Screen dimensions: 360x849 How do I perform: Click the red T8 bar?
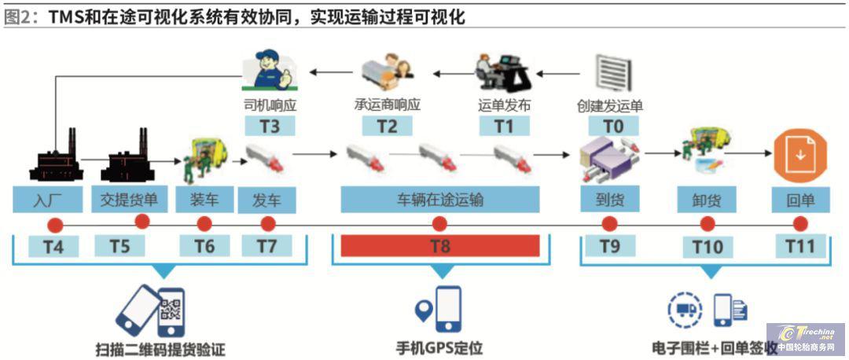[439, 246]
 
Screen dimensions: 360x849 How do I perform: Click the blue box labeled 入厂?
[47, 200]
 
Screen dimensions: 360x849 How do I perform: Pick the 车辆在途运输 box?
[439, 200]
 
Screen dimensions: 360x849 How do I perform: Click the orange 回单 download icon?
[799, 155]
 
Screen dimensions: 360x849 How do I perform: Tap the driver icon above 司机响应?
[270, 72]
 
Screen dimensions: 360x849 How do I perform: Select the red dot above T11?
[800, 223]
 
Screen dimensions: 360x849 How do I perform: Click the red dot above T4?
[54, 224]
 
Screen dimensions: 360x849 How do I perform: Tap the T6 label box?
[204, 246]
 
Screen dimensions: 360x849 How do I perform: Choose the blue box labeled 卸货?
[707, 200]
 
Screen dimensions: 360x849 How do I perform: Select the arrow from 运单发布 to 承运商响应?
[449, 75]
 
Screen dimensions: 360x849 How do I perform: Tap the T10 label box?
[707, 246]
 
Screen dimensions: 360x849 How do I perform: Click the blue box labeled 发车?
[266, 200]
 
